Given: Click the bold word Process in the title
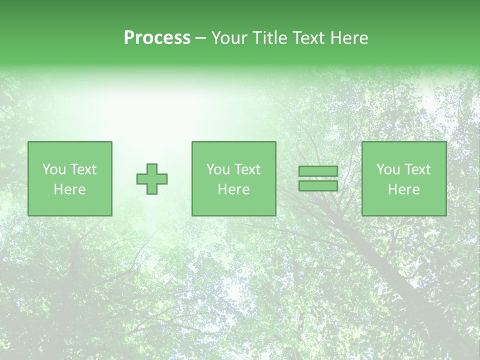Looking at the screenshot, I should point(157,38).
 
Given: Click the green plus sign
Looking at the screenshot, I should point(152,179).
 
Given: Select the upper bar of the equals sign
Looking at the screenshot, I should point(318,171).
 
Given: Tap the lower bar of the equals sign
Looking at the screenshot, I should point(318,186).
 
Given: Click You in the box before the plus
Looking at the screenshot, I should point(53,169).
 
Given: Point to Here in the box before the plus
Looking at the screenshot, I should point(69,189).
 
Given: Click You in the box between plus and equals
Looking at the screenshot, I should point(217,169).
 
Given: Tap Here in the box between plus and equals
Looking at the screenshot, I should point(233,189).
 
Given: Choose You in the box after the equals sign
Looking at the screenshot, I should point(387,169).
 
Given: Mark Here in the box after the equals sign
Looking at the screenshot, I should point(403,189).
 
